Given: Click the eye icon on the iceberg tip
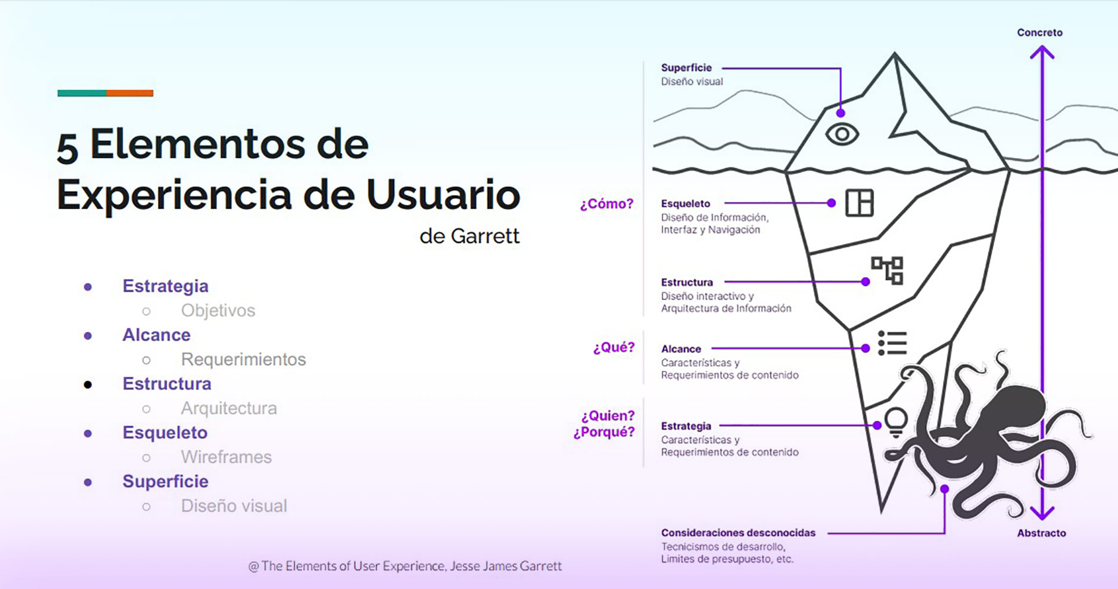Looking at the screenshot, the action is click(x=842, y=134).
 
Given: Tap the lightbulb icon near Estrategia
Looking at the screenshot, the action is click(x=896, y=422).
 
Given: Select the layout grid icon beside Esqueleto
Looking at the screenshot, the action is click(x=859, y=203).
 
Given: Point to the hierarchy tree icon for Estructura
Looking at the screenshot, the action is click(x=887, y=270).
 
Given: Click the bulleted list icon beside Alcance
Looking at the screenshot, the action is click(x=892, y=342).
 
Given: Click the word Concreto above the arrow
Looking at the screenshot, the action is click(x=1040, y=33).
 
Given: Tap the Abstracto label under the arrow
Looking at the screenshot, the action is click(x=1042, y=533).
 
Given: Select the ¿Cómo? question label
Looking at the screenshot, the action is click(x=606, y=204).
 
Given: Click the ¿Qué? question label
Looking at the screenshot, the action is click(x=613, y=347).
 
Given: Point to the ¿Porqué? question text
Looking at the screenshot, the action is click(x=604, y=432).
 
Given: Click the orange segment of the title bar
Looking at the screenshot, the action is click(x=130, y=93).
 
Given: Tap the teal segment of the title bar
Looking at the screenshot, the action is click(x=82, y=93).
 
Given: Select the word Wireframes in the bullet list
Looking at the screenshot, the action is click(x=226, y=457).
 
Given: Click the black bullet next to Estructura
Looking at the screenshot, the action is click(x=88, y=385).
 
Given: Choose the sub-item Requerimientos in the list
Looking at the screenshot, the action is click(x=243, y=359).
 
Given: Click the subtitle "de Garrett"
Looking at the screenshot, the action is click(x=470, y=236).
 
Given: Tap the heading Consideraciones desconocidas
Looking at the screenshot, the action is click(x=738, y=533).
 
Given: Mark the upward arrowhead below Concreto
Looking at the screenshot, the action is click(x=1042, y=53).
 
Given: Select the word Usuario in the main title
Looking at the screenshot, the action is click(x=443, y=194).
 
